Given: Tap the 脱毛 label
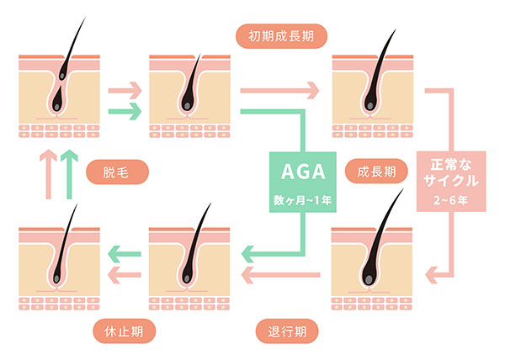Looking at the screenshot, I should click(x=118, y=173).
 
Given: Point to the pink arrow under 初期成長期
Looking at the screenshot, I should click(x=279, y=88).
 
